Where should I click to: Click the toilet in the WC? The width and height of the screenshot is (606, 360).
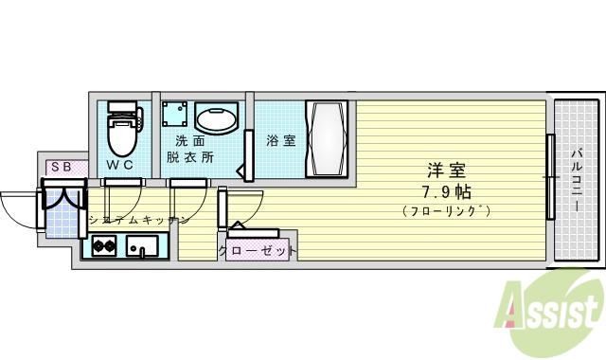coord(122,132)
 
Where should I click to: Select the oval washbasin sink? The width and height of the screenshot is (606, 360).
coord(216,118)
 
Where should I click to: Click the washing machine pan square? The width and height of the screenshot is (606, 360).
coord(173,116)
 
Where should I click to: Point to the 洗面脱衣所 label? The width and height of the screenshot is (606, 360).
coord(189,149)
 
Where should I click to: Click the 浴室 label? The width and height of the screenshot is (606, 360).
coord(281,140)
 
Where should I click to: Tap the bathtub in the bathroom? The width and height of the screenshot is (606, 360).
coord(328,139)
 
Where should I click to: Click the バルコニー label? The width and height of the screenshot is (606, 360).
coord(577,180)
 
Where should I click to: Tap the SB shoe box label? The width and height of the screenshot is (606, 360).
coord(61,167)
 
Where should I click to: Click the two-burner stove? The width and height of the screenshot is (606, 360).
coord(103,249)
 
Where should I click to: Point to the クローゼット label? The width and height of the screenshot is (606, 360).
coord(258,251)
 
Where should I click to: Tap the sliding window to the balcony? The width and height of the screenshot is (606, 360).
coord(549,177)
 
